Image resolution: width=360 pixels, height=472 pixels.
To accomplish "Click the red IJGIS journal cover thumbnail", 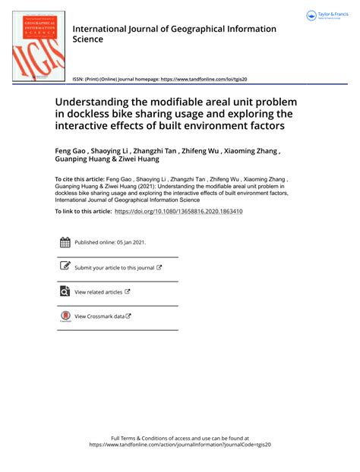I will pyautogui.click(x=36, y=42).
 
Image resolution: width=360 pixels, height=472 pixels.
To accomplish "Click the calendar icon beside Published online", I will pyautogui.click(x=65, y=242).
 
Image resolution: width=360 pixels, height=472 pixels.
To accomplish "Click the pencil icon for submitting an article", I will pyautogui.click(x=65, y=266).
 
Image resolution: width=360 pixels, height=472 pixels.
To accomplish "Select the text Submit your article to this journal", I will pyautogui.click(x=114, y=268).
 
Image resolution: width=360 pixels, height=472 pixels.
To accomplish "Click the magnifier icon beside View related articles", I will pyautogui.click(x=65, y=291).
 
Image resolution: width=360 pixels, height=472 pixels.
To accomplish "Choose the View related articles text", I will pyautogui.click(x=98, y=292).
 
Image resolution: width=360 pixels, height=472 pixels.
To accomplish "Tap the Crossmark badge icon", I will pyautogui.click(x=65, y=316).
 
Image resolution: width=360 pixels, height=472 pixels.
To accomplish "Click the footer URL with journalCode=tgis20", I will pyautogui.click(x=179, y=445).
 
